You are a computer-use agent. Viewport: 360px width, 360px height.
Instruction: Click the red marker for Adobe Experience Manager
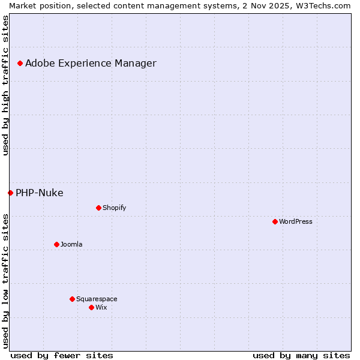coord(20,63)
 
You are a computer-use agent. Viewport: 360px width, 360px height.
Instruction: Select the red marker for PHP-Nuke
coord(10,193)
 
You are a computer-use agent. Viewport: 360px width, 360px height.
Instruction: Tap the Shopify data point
coord(98,208)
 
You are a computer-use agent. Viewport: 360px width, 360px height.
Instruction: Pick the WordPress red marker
coord(275,221)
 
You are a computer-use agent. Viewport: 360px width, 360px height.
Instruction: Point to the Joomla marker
coord(56,244)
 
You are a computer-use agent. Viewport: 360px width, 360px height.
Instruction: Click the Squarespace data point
coord(72,299)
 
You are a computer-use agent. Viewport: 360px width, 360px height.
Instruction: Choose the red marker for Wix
coord(91,307)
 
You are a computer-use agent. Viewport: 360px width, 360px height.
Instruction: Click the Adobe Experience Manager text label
coord(91,63)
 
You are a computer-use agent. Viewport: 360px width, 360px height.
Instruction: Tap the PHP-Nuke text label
coord(39,193)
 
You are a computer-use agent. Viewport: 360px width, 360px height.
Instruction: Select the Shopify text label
coord(114,208)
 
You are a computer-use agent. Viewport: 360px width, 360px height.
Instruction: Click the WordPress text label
coord(295,221)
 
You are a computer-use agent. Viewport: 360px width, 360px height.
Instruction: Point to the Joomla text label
coord(71,244)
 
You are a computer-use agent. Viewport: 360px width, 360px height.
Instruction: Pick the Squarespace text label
coord(97,299)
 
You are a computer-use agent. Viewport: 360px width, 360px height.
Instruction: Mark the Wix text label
coord(101,307)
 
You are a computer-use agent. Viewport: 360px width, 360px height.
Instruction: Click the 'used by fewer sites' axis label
coord(62,355)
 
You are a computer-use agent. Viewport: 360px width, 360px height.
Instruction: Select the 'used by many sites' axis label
coord(301,355)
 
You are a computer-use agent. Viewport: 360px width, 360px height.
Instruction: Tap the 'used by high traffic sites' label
coord(5,85)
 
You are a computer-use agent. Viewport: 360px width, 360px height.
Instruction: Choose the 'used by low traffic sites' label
coord(5,281)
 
